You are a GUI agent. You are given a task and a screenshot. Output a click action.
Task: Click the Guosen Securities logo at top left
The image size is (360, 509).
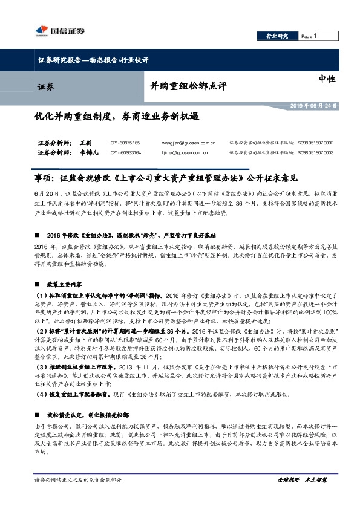pos(59,31)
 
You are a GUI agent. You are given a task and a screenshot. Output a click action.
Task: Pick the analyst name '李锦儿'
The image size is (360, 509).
pos(88,153)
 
